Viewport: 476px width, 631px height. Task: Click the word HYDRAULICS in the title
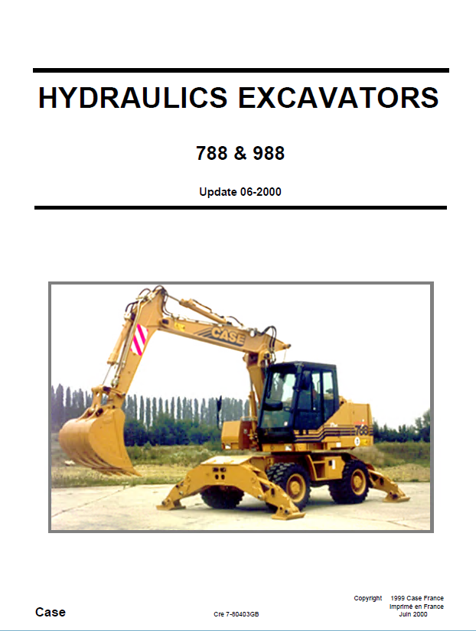(133, 98)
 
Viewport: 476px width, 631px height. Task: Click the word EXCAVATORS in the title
(338, 98)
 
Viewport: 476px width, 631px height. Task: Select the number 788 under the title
(212, 153)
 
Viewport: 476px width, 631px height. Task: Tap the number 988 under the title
(269, 153)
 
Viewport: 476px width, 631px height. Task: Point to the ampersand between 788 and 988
(240, 153)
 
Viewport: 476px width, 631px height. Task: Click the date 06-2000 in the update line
(260, 192)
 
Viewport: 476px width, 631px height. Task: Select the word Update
(218, 192)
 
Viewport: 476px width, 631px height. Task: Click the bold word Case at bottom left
(51, 612)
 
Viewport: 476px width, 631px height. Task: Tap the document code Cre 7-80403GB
(236, 614)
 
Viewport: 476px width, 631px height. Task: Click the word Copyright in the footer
(367, 598)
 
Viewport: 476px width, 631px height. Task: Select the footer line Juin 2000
(413, 614)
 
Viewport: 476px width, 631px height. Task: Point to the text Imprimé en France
(416, 607)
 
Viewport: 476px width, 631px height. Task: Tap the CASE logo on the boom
(227, 335)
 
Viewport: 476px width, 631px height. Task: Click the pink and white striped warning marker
(139, 340)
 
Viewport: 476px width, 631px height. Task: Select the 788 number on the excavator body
(361, 430)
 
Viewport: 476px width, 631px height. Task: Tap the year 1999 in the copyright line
(398, 598)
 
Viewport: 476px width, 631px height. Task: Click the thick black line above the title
(241, 70)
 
